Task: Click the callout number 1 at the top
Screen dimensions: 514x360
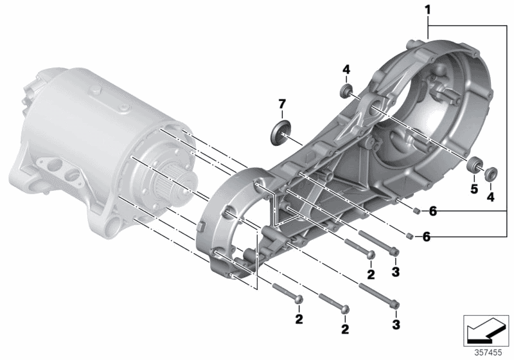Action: click(x=428, y=10)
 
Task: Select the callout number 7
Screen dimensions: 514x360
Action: click(x=282, y=104)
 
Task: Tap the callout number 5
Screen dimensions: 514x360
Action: click(x=474, y=189)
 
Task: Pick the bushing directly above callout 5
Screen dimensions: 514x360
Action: click(x=473, y=165)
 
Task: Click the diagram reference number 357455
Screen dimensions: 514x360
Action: click(x=488, y=353)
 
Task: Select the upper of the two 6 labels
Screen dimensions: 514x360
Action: click(x=432, y=212)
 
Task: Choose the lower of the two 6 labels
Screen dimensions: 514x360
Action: click(x=426, y=237)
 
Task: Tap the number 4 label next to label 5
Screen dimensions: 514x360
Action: click(x=490, y=197)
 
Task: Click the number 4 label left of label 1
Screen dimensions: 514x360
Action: click(x=346, y=69)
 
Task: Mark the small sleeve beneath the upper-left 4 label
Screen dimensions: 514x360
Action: click(x=346, y=91)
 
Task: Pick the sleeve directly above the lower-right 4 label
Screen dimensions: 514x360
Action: click(x=491, y=173)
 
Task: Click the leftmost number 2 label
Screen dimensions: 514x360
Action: click(x=299, y=319)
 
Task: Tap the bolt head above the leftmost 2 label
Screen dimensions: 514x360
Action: click(x=298, y=300)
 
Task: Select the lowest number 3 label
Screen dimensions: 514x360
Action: click(x=396, y=325)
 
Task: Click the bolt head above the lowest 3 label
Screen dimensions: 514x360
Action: click(x=395, y=305)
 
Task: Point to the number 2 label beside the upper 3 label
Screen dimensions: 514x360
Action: click(x=371, y=274)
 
